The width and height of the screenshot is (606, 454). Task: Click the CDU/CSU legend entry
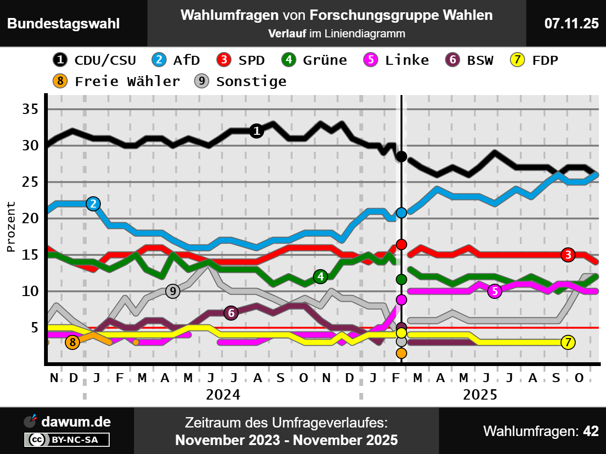[95, 60]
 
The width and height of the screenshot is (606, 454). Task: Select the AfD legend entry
[176, 60]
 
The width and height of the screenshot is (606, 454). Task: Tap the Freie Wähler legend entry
[116, 81]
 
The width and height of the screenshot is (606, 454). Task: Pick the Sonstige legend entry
[241, 81]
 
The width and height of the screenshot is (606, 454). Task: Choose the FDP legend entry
[534, 60]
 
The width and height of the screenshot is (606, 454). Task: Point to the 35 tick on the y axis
[30, 109]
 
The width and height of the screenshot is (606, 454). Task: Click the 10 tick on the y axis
[30, 291]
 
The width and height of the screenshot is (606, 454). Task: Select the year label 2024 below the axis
[223, 395]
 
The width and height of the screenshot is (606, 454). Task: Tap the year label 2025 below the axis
[480, 395]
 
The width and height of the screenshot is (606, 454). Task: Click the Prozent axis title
[11, 227]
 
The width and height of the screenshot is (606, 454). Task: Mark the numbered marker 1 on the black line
[257, 131]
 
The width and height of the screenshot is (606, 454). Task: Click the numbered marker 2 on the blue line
[93, 204]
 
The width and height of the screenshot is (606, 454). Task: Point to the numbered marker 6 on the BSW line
[231, 313]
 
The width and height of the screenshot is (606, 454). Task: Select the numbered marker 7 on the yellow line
[568, 342]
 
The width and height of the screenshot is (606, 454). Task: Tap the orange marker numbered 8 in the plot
[72, 342]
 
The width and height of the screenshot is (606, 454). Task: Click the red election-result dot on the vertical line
[401, 244]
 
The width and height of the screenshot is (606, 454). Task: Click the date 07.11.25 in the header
[571, 24]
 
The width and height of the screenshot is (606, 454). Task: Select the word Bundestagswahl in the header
[63, 24]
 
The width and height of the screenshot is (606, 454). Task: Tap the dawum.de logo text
[76, 422]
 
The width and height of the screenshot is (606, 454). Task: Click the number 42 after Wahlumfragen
[591, 431]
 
